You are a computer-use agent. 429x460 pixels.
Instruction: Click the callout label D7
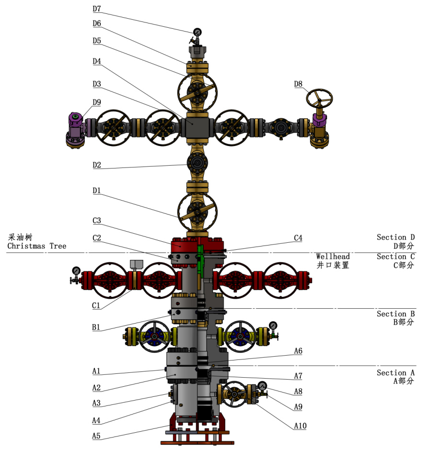[97, 8]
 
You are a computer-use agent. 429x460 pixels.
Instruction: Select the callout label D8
[298, 84]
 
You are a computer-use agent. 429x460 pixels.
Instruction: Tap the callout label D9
[97, 102]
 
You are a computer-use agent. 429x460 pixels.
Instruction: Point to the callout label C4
[298, 238]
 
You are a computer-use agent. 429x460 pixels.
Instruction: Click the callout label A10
[300, 426]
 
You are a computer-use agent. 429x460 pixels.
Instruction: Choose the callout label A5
[97, 436]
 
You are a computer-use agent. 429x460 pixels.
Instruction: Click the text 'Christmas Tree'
[36, 246]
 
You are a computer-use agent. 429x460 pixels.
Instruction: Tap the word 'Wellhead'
[333, 257]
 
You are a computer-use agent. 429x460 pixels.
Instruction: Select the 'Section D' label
[395, 237]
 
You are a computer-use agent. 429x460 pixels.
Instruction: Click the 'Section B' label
[395, 314]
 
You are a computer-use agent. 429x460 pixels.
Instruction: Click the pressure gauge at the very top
[197, 32]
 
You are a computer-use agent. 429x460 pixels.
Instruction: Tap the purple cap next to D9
[75, 118]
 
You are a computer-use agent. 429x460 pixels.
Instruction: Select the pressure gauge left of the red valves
[76, 271]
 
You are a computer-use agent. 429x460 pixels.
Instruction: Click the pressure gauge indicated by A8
[262, 386]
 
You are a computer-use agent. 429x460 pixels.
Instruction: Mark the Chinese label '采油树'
[20, 237]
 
